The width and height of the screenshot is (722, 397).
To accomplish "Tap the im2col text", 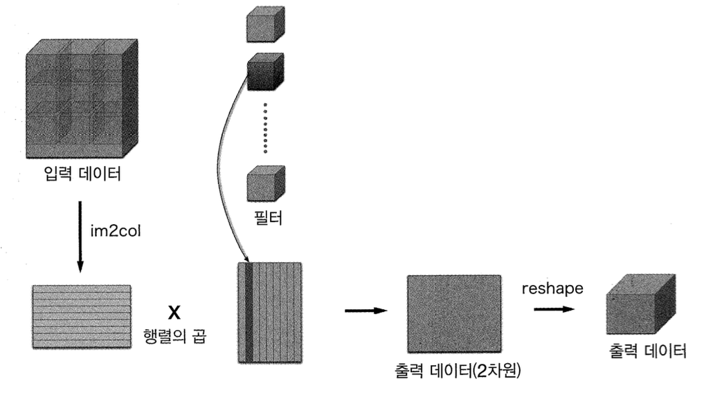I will point(115,230).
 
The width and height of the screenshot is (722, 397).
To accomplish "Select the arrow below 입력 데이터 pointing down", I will point(80,235).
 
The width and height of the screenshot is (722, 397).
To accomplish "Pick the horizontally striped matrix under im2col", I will point(82,315).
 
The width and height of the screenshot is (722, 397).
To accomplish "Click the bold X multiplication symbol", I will point(174,313).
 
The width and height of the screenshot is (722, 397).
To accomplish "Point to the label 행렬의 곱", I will point(174,337).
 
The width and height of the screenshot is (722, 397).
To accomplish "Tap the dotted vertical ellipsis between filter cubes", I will point(265,128).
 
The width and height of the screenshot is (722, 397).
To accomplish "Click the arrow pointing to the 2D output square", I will point(365,311).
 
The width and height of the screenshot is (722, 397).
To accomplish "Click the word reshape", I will point(552,288).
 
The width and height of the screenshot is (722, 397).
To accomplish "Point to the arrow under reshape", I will point(554,308).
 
